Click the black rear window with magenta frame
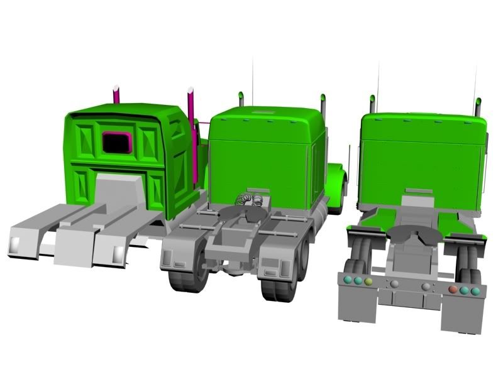point(116,143)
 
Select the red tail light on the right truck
point(453,290)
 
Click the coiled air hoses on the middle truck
point(247,200)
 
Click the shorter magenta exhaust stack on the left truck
point(116,94)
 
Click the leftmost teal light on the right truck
point(346,280)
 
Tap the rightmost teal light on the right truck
point(475,292)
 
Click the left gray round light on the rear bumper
point(394,284)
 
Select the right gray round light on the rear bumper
point(426,287)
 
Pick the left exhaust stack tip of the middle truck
point(241,99)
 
